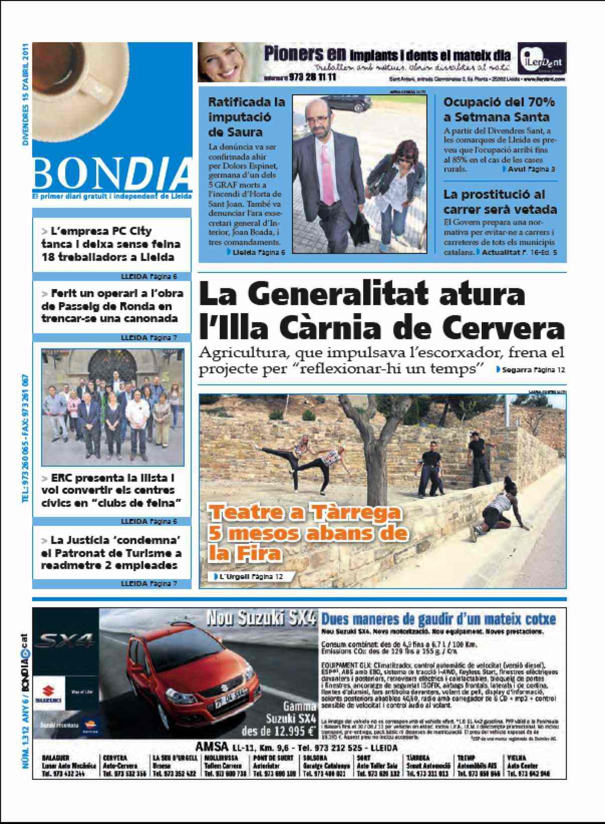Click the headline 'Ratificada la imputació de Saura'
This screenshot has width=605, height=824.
tap(246, 117)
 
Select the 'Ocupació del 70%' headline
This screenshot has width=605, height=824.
tap(499, 109)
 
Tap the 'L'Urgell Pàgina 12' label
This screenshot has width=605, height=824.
tap(250, 577)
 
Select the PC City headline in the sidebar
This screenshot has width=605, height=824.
tap(111, 244)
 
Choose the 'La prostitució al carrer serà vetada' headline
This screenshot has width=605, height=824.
tap(500, 202)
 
